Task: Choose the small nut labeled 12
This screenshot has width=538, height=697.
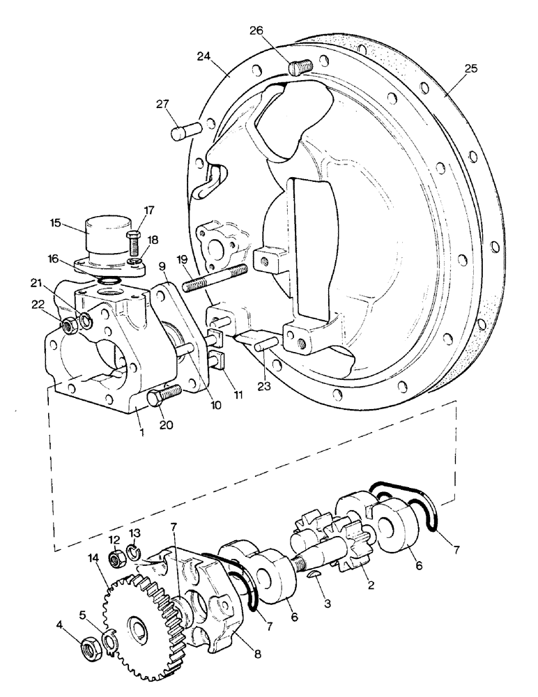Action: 118,557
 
